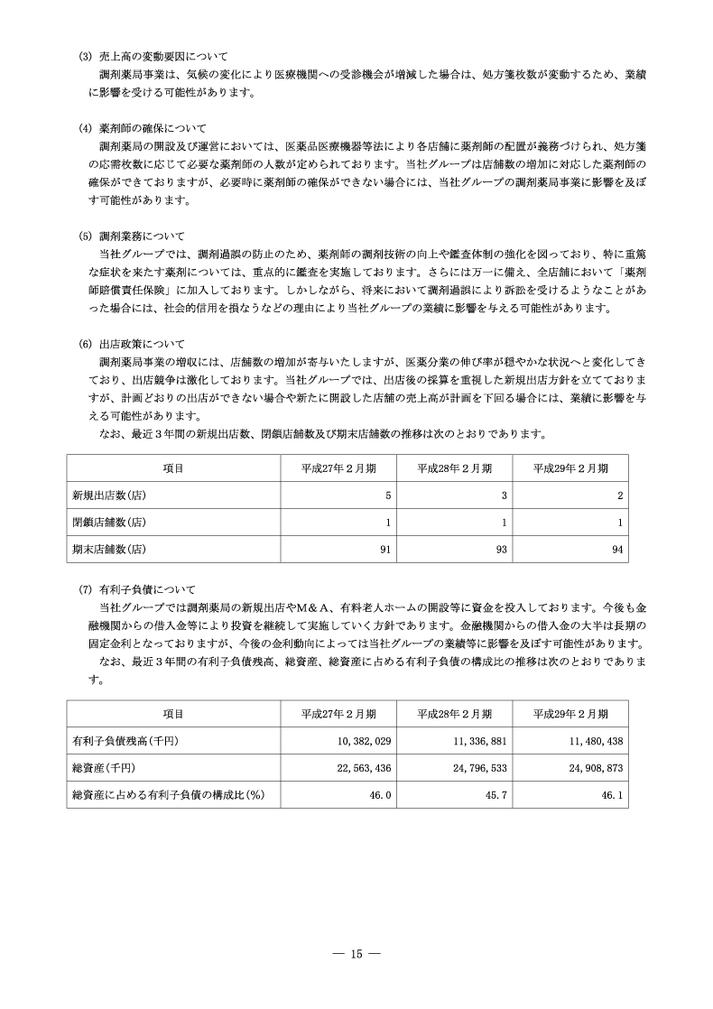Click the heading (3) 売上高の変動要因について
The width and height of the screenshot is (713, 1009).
(154, 57)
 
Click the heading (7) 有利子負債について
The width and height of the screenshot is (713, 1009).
(144, 589)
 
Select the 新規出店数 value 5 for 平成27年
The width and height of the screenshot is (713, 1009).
(387, 495)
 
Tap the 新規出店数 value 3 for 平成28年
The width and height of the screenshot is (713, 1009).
(504, 495)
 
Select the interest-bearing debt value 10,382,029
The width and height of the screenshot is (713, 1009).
(361, 741)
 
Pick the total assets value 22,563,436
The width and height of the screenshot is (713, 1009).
(361, 767)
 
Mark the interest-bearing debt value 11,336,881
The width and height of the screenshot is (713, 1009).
(477, 741)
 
